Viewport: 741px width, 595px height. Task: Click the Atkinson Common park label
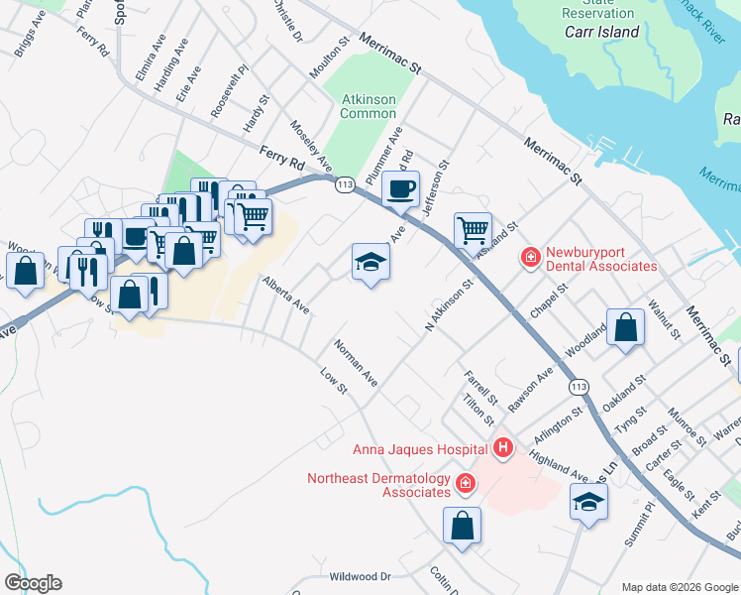(368, 106)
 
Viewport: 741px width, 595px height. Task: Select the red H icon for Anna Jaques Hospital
(503, 448)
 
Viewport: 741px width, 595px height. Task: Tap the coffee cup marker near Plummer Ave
(400, 188)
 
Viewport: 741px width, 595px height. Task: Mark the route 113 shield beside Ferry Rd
(345, 184)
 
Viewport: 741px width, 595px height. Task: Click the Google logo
(33, 583)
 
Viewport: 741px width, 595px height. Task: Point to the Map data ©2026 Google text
(679, 587)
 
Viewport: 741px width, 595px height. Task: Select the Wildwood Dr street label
(361, 576)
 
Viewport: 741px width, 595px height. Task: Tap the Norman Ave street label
(356, 363)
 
